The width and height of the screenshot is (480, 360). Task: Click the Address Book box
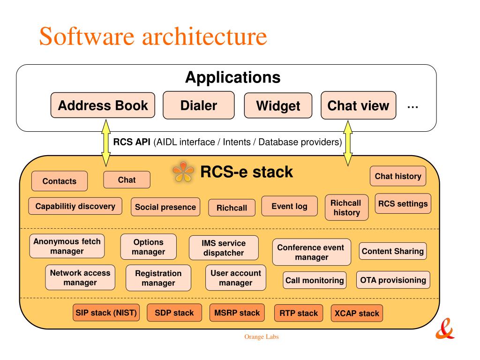point(103,105)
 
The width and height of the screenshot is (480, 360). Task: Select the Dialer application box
point(199,105)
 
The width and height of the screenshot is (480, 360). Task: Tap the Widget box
point(278,105)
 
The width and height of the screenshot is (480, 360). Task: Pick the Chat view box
point(358,105)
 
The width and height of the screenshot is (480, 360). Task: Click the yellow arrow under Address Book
point(106,143)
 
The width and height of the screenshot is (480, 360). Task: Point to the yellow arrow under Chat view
point(348,143)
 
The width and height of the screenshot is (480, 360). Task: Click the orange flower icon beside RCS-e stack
point(183,172)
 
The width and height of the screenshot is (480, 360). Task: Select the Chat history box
point(398,176)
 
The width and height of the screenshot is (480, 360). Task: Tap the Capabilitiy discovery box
point(75,206)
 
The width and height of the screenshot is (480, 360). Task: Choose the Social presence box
point(165,207)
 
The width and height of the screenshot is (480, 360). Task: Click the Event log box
point(289,206)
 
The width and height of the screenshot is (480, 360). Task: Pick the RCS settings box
point(403,203)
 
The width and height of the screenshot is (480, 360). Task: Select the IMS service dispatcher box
point(224,247)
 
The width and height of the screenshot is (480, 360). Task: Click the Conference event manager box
point(311,252)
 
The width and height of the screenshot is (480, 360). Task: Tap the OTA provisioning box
point(393,280)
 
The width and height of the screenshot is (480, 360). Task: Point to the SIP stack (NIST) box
point(106,313)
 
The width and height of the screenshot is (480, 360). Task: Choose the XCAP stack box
point(357,313)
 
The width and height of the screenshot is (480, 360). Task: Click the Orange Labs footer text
point(262,337)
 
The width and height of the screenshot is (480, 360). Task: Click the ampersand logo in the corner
point(445,329)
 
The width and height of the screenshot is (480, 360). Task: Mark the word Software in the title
point(87,36)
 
